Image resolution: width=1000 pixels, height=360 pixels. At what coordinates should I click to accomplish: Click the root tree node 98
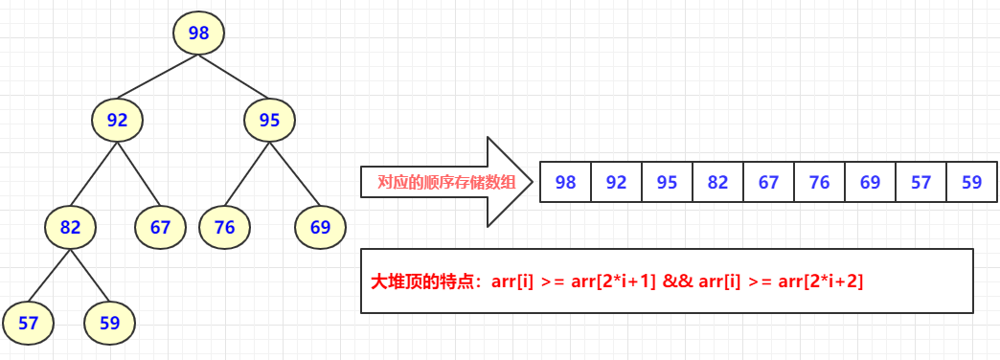coord(198,34)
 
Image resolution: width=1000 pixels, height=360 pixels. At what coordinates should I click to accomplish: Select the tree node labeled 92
coord(117,121)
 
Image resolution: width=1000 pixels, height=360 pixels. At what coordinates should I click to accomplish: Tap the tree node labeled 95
coord(269,121)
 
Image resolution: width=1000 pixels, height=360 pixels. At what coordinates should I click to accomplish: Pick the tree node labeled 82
coord(70,227)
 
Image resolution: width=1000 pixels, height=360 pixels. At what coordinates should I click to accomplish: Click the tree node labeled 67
coord(160,227)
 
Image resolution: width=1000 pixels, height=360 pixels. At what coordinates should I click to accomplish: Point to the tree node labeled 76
coord(224,227)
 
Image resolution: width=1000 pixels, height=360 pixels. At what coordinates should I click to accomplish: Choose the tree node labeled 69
coord(320,227)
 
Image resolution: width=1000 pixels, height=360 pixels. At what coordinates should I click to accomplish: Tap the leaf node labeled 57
coord(28,323)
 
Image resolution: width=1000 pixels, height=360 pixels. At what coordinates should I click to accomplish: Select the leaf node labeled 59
coord(109,323)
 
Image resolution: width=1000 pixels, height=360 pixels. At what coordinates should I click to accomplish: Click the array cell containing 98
coord(566,182)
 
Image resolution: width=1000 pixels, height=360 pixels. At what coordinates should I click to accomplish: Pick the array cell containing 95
coord(667,182)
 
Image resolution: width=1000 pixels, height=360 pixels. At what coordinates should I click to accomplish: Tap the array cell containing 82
coord(717,182)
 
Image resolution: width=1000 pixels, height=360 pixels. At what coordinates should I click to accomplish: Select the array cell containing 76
coord(819,182)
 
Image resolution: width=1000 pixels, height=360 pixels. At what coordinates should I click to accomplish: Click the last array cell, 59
coord(971,182)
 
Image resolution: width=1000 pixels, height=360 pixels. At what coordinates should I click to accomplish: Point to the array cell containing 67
coord(768,182)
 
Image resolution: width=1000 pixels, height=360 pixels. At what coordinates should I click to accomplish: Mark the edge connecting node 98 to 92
coord(158,77)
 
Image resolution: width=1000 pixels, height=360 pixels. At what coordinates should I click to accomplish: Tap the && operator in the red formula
coord(679,281)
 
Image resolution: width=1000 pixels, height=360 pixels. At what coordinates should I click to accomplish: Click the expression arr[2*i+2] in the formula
coord(817,281)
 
